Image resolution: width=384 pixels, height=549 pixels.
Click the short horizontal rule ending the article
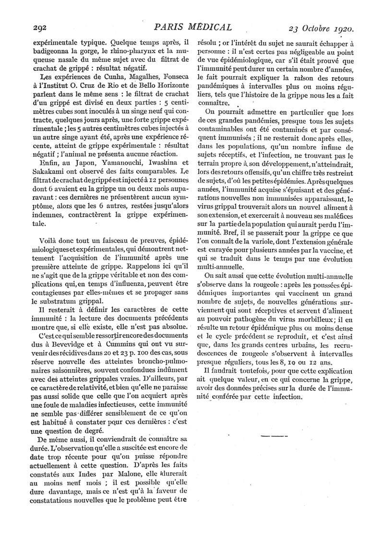click(x=273, y=435)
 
